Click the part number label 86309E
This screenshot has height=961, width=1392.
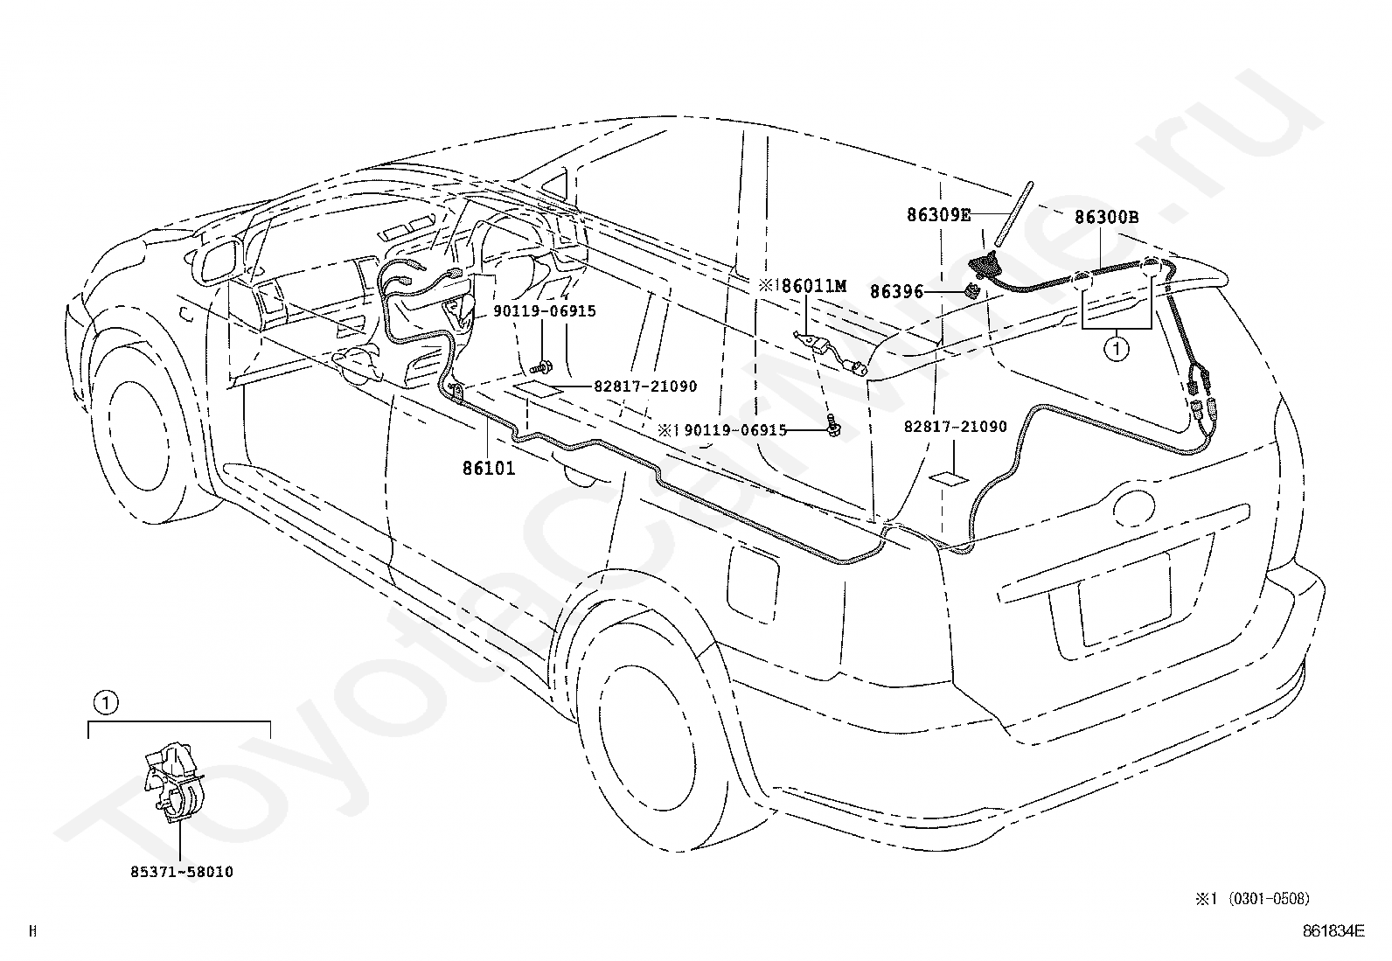tap(938, 215)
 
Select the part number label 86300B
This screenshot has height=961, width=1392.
tap(1107, 217)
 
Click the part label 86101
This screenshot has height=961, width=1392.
tap(489, 468)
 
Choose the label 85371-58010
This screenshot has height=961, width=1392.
tap(182, 872)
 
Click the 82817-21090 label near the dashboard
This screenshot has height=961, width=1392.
tap(645, 386)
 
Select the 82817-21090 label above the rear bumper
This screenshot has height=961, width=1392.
tap(955, 427)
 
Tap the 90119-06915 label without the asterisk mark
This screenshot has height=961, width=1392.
tap(545, 310)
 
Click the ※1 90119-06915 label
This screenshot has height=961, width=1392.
tap(723, 430)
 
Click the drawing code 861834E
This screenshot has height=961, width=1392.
tap(1333, 931)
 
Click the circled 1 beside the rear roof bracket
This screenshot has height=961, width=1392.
tap(1116, 349)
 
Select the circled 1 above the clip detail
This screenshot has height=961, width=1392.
tap(106, 703)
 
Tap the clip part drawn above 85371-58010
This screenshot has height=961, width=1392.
tap(173, 783)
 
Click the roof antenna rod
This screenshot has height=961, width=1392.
tap(1014, 214)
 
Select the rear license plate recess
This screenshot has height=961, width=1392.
tap(1124, 601)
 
